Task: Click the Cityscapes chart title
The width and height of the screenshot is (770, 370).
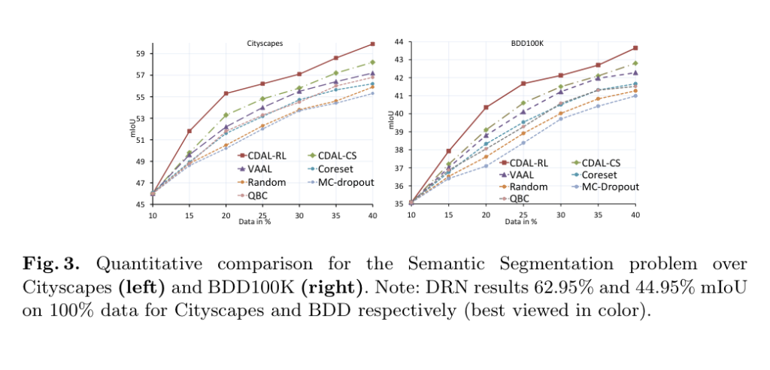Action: pyautogui.click(x=264, y=44)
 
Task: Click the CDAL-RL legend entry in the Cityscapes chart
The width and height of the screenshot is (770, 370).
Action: pyautogui.click(x=260, y=156)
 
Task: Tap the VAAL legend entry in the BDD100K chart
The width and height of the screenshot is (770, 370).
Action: pyautogui.click(x=523, y=174)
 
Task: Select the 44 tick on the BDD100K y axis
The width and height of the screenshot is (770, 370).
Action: pyautogui.click(x=399, y=41)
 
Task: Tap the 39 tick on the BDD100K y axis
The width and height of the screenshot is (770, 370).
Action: pyautogui.click(x=399, y=132)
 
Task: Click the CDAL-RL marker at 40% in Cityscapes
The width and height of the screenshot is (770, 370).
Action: pyautogui.click(x=372, y=44)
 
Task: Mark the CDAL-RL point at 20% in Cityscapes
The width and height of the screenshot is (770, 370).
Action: pyautogui.click(x=226, y=93)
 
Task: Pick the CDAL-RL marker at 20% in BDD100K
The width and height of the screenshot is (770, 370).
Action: pyautogui.click(x=486, y=108)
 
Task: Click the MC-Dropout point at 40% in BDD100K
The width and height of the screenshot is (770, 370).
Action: pyautogui.click(x=635, y=96)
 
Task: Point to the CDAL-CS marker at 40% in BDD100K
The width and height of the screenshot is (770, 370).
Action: pyautogui.click(x=635, y=63)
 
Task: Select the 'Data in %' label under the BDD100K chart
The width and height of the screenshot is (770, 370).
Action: pyautogui.click(x=521, y=221)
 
